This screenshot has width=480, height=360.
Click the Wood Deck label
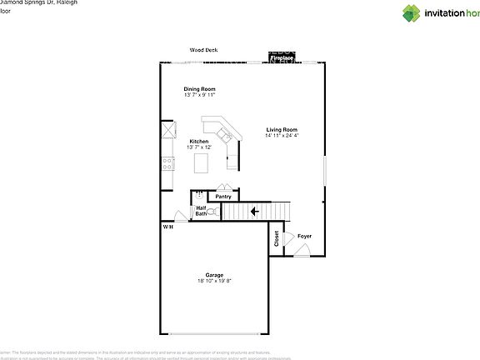204,50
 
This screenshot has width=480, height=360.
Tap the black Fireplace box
280,57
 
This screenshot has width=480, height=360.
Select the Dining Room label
200,89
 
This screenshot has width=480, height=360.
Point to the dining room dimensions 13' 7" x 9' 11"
200,95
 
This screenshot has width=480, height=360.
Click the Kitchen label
199,142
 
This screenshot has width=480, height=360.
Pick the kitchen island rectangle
201,164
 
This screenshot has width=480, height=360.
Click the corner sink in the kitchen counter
223,133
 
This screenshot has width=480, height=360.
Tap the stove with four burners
167,163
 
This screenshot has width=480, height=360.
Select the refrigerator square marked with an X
167,130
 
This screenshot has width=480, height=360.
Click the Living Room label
282,129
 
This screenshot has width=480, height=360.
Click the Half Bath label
201,211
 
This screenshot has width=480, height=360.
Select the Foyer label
305,236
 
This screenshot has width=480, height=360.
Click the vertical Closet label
276,238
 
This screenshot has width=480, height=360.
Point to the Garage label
215,275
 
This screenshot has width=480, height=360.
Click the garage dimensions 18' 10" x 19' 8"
215,281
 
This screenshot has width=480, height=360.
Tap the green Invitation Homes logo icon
414,12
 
